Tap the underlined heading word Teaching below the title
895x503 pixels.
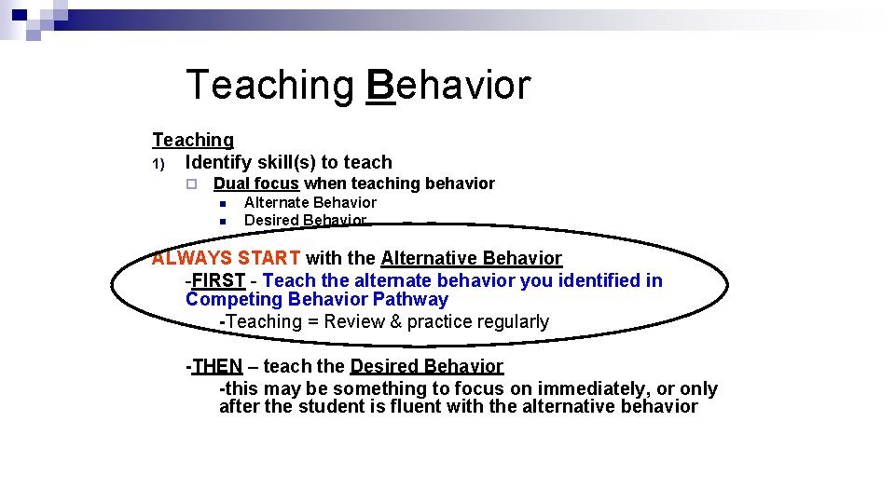[x=193, y=140]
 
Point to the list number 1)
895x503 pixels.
[x=158, y=164]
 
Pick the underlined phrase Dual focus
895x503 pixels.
[x=255, y=184]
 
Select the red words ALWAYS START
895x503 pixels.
[x=227, y=258]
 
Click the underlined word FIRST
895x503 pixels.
[x=218, y=280]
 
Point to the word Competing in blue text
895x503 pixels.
[x=234, y=299]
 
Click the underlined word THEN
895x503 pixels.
[x=216, y=366]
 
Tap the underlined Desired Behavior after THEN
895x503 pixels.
[x=426, y=366]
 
